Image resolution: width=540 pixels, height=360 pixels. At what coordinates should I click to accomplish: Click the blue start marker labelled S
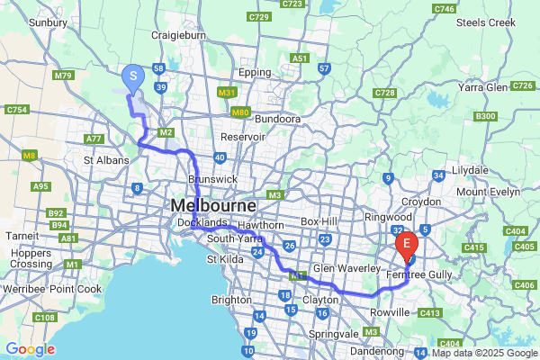point(132,77)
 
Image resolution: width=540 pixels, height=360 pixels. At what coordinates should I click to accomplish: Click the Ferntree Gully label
point(419,273)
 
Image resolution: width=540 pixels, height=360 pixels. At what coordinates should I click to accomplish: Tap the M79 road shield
point(62,76)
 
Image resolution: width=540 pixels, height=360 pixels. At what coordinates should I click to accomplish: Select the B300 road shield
point(485,116)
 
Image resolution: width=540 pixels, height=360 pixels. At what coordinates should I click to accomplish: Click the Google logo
point(30,348)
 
